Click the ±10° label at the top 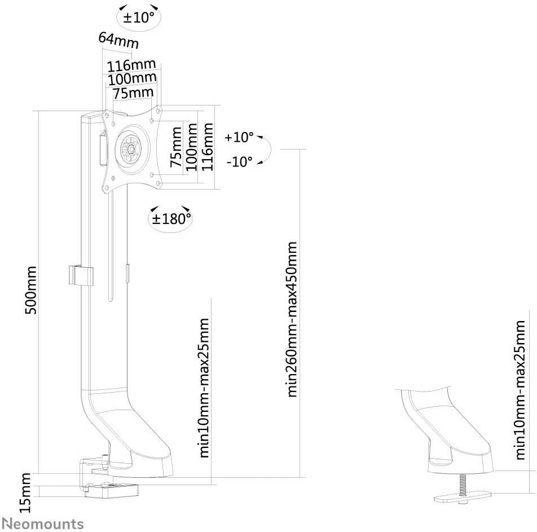click(139, 17)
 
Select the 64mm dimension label click(118, 41)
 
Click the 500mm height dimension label click(31, 290)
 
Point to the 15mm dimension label click(25, 493)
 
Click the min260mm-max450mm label click(291, 319)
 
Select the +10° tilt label click(239, 137)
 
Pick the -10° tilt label click(239, 161)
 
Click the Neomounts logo click(43, 524)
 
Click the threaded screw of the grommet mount click(463, 485)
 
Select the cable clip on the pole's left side click(81, 275)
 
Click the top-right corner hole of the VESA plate click(158, 111)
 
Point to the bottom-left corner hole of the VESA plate click(106, 188)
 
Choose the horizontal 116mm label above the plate click(131, 65)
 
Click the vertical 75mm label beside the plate click(177, 147)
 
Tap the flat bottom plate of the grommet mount click(463, 498)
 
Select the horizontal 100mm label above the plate click(132, 79)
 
